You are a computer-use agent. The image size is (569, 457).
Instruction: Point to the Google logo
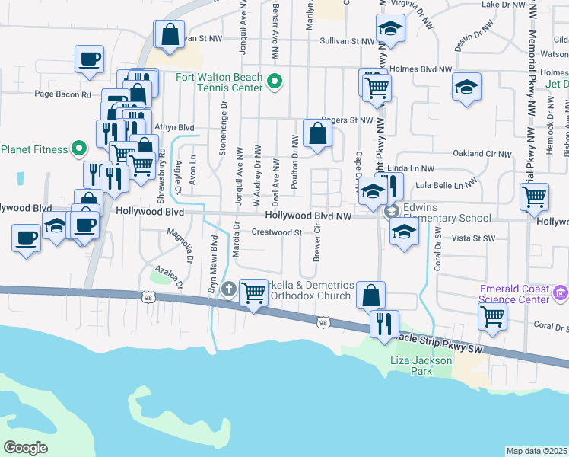click(25, 447)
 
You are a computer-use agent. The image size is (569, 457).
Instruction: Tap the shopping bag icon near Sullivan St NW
click(170, 34)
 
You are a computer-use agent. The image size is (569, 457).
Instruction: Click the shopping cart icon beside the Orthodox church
click(254, 292)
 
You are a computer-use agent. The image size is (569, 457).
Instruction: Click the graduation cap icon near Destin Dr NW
click(466, 87)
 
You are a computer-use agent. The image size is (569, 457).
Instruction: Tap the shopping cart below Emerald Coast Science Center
click(492, 315)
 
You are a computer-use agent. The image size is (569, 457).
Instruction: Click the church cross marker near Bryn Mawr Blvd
click(230, 289)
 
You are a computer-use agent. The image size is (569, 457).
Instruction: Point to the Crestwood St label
click(277, 232)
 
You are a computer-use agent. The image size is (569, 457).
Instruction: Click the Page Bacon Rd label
click(62, 94)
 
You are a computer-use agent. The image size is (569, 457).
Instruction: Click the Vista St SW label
click(473, 238)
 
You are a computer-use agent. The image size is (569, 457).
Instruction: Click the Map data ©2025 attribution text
click(536, 451)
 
